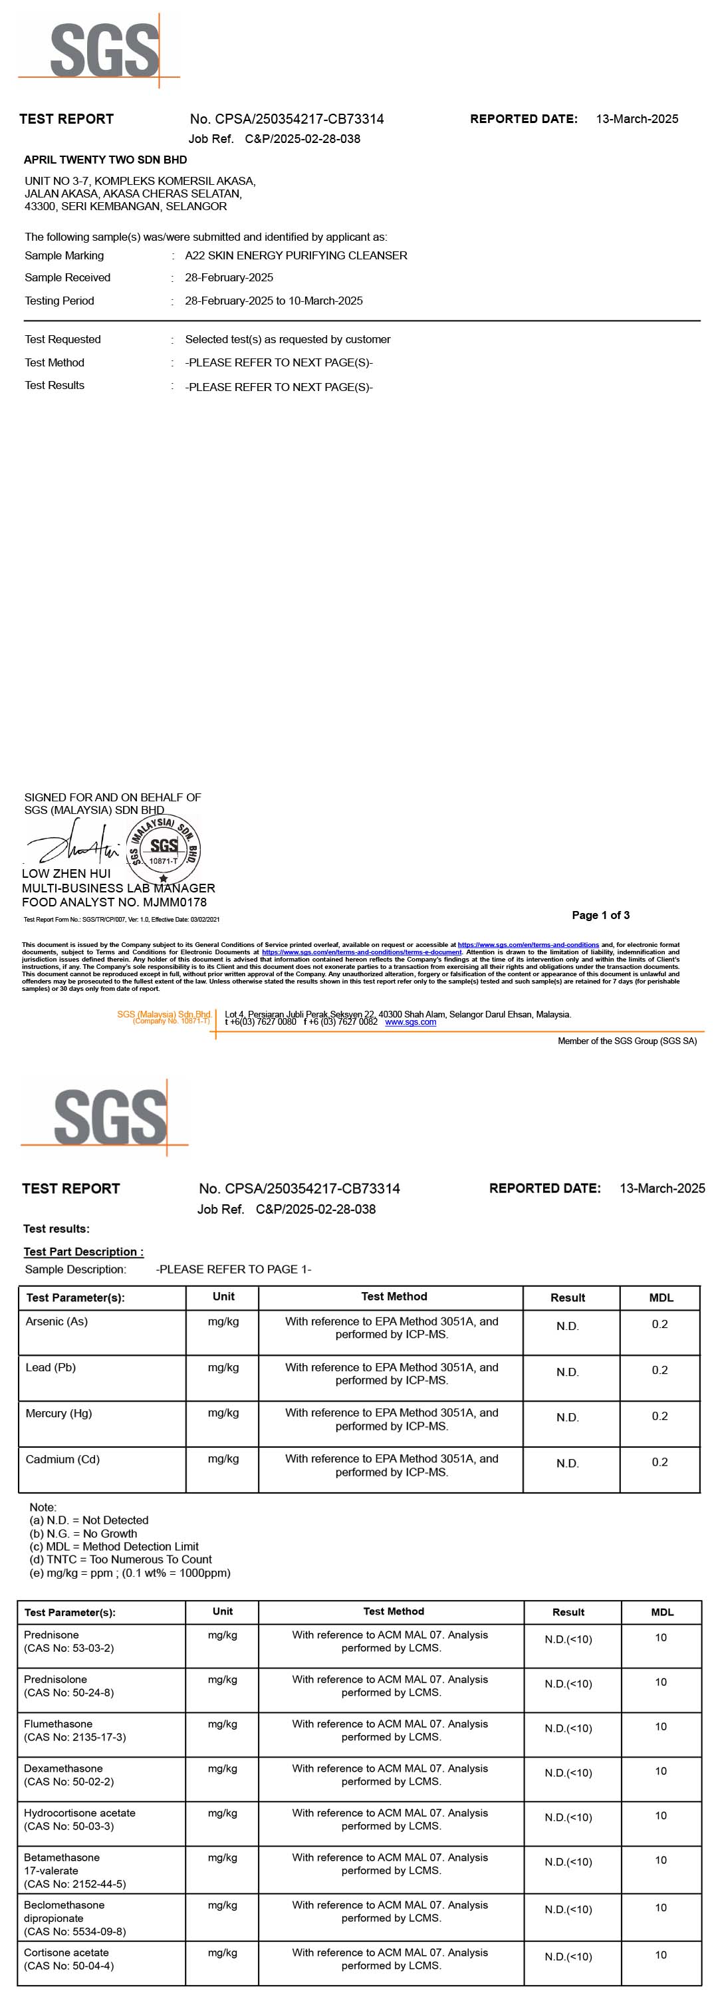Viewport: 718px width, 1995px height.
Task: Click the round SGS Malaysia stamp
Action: click(x=163, y=849)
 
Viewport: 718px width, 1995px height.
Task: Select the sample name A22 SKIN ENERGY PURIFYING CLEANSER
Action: click(x=296, y=255)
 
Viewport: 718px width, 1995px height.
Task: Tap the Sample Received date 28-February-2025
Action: click(x=229, y=277)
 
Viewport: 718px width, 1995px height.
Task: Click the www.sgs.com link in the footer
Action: click(x=410, y=1022)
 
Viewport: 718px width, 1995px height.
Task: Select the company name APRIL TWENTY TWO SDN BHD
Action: click(x=105, y=160)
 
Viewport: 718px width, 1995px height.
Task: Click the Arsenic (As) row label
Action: click(x=57, y=1321)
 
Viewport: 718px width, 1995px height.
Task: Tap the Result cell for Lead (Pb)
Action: click(x=567, y=1371)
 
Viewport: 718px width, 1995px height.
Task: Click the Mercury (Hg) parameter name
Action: click(x=59, y=1412)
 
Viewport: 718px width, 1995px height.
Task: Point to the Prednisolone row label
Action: click(x=56, y=1679)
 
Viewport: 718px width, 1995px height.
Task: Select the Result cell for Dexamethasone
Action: click(x=568, y=1773)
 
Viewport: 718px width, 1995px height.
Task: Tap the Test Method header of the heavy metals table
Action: click(x=394, y=1297)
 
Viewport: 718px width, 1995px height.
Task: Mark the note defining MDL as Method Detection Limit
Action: click(x=114, y=1546)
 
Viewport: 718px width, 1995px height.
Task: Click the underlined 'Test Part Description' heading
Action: click(x=83, y=1252)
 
